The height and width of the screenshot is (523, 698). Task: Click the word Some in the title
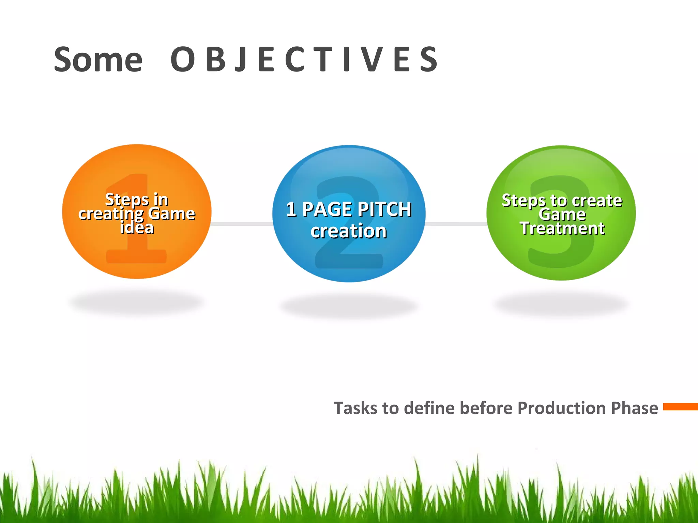[98, 60]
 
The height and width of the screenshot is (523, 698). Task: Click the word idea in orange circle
[137, 228]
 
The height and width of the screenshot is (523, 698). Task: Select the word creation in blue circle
[348, 231]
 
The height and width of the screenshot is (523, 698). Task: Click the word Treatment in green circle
[562, 228]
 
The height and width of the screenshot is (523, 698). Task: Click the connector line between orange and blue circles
[242, 224]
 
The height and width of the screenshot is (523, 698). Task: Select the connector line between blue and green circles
[456, 224]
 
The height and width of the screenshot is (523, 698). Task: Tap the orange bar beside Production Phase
[680, 407]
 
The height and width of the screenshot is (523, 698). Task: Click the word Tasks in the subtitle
[355, 408]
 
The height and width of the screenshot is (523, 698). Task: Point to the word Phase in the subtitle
[634, 408]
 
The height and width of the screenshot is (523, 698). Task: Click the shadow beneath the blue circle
[349, 306]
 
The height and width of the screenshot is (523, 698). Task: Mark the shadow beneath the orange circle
[136, 302]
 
